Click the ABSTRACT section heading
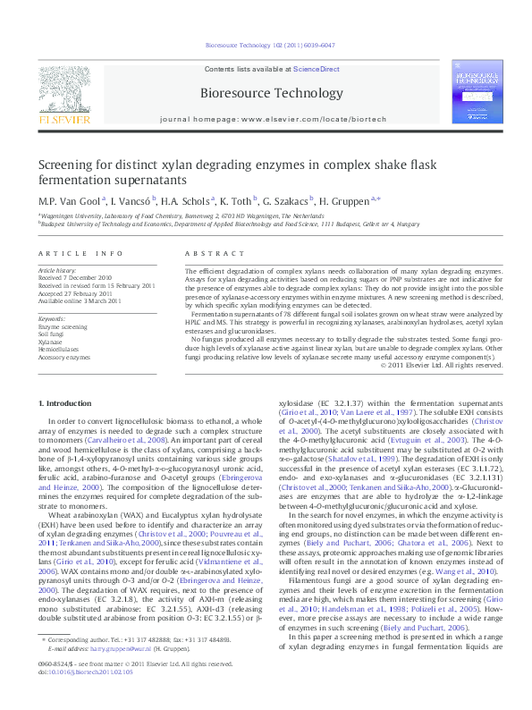[208, 254]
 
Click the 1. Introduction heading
[70, 405]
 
